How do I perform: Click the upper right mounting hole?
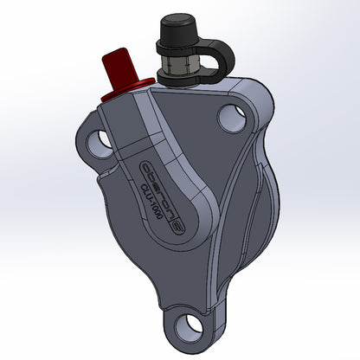pyautogui.click(x=231, y=117)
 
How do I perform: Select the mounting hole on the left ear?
pyautogui.click(x=102, y=138)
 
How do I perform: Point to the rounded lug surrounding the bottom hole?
pyautogui.click(x=208, y=333)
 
